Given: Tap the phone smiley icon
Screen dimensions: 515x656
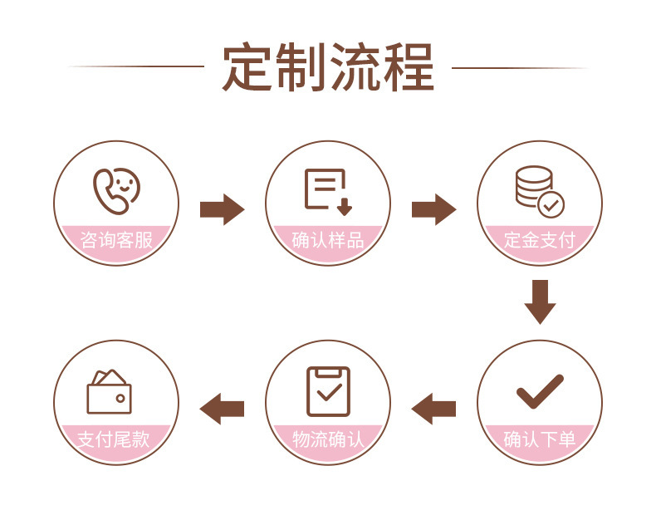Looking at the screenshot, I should coord(116,190).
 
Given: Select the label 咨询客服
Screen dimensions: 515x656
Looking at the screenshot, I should coord(116,241).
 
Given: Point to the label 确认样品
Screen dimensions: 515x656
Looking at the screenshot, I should coord(328,241).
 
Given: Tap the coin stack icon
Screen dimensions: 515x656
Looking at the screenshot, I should coord(536,189).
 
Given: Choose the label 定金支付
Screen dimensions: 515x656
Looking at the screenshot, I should coord(540,241).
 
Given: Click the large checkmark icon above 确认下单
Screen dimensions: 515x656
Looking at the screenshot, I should coord(540,391).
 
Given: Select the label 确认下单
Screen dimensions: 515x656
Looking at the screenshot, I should coord(540,439).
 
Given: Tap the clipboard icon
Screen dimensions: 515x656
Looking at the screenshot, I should coord(328,390).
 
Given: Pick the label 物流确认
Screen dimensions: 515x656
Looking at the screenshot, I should coord(328,439).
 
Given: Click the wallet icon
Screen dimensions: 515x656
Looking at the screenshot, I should coord(109,391).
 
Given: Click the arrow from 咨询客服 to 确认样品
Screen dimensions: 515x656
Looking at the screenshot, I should coord(222,208).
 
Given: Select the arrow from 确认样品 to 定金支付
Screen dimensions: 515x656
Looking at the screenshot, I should coord(433,208).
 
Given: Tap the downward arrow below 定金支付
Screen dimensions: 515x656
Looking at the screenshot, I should coord(540,302).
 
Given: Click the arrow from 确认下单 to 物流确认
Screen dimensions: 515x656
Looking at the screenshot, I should coord(433,408).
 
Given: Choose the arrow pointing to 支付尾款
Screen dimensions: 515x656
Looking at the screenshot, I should coord(222,408).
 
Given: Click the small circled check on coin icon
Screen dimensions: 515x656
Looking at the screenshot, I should coord(551,204).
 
